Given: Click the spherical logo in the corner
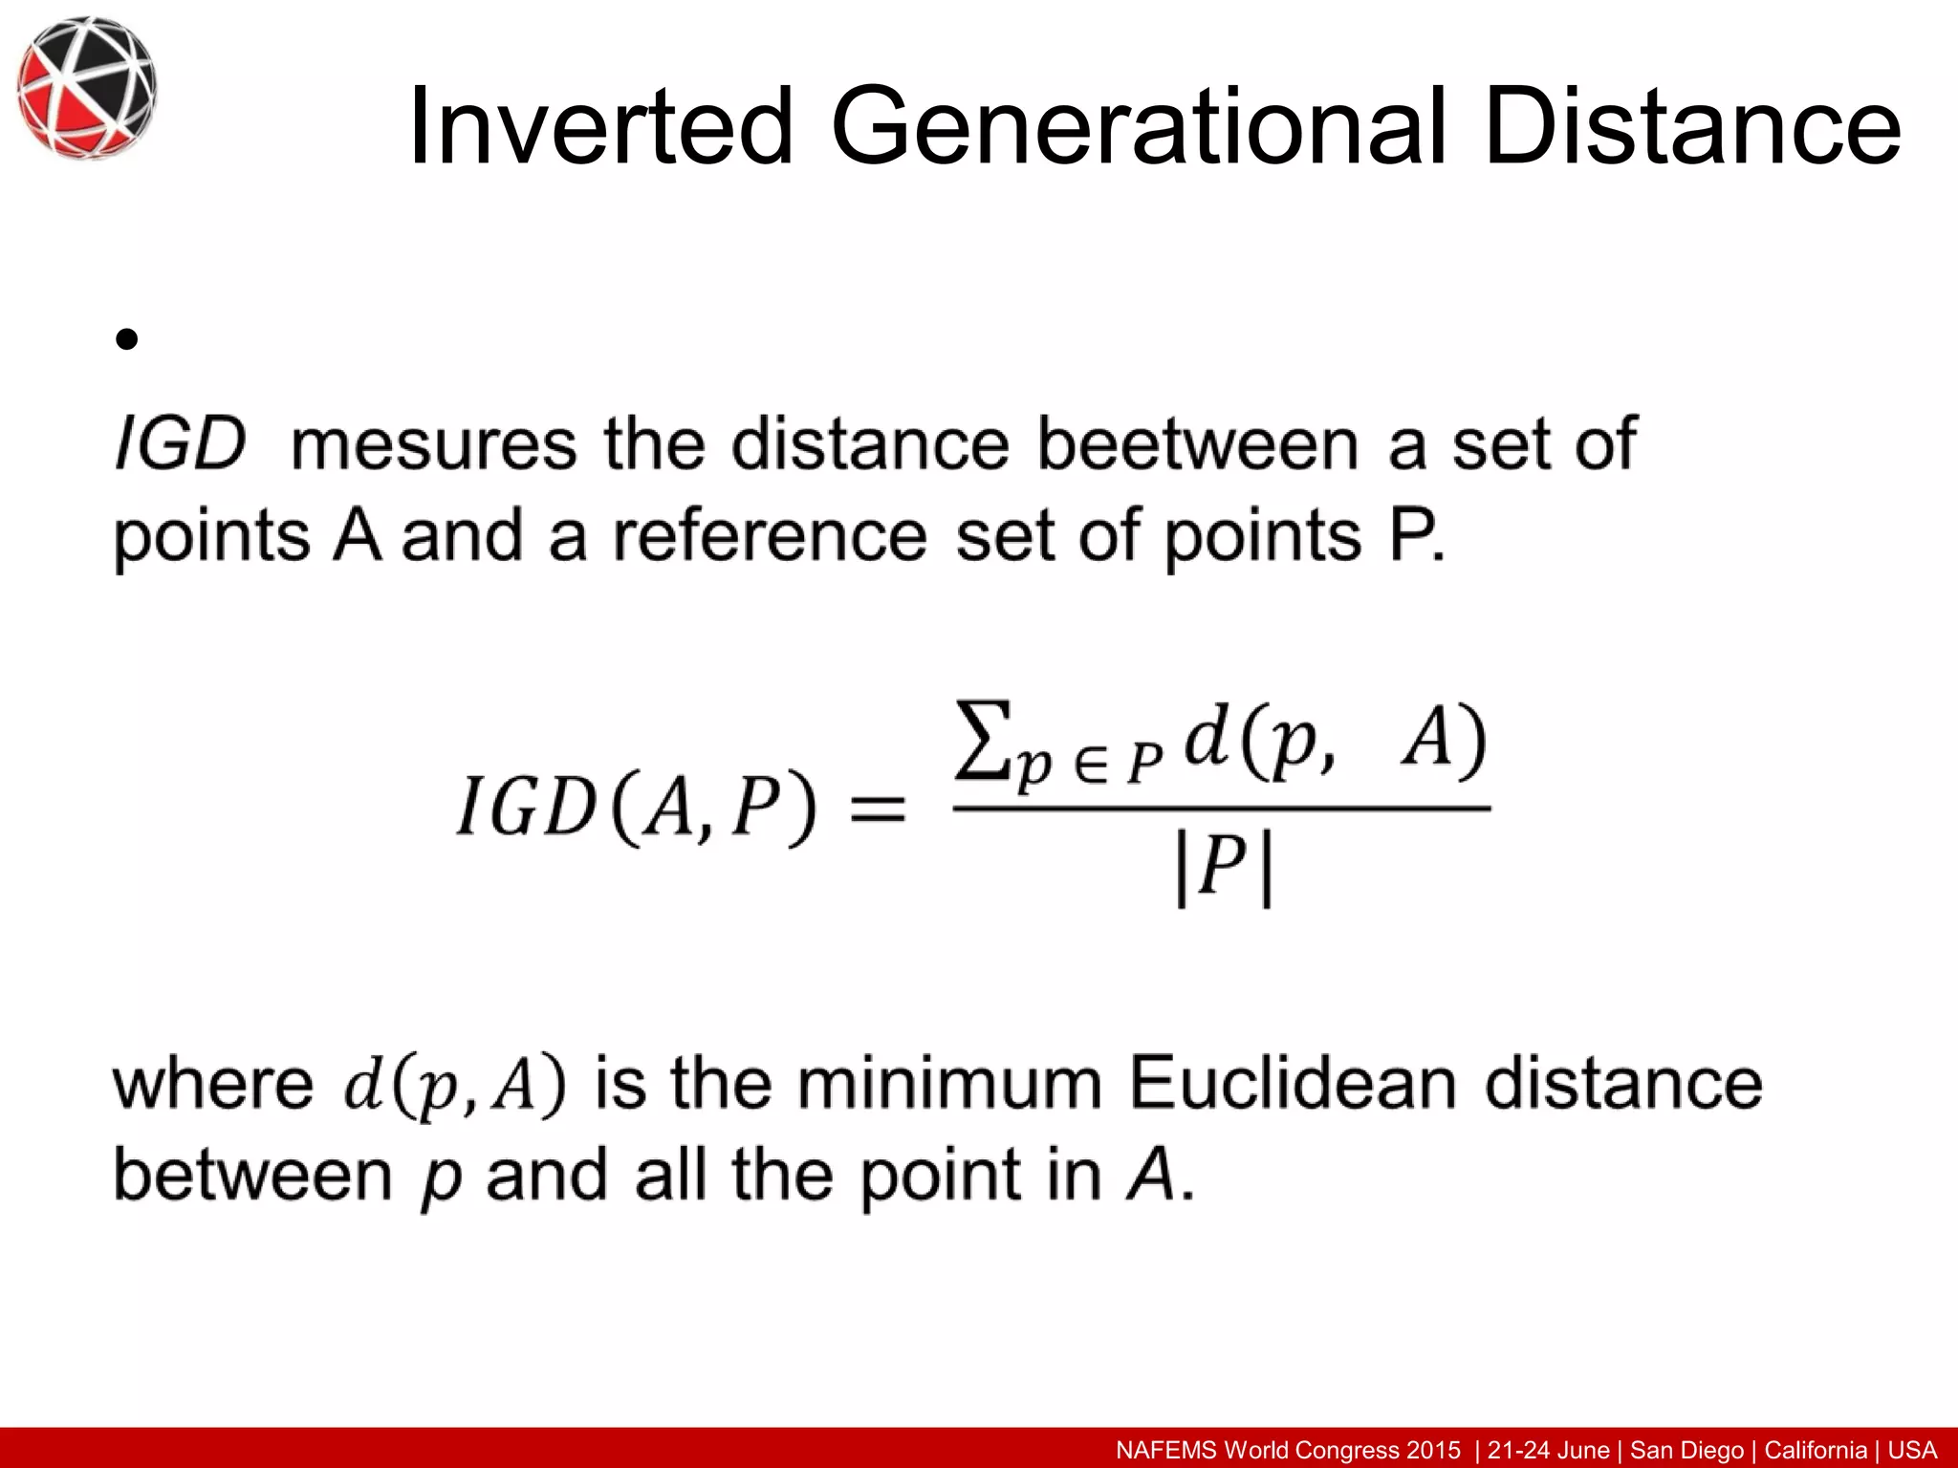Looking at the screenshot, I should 86,87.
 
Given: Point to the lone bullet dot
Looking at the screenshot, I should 126,339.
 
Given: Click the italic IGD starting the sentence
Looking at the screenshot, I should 181,444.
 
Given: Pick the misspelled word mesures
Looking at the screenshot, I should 434,444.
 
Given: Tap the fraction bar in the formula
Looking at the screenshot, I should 1222,809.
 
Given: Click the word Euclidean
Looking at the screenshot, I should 1293,1084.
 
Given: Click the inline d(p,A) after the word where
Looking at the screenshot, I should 455,1087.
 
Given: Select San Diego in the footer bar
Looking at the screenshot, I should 1686,1450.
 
